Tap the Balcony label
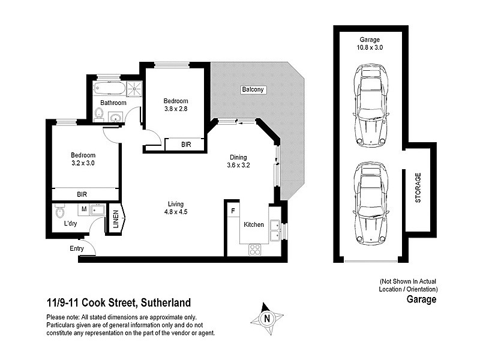coord(253,89)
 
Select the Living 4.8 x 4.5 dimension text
coord(175,211)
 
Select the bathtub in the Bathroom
coord(110,89)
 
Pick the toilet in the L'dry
coord(59,212)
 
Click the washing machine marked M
coord(85,209)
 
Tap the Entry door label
coord(77,248)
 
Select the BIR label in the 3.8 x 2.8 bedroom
coord(187,145)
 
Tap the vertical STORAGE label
coord(418,189)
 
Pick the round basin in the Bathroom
coord(116,116)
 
